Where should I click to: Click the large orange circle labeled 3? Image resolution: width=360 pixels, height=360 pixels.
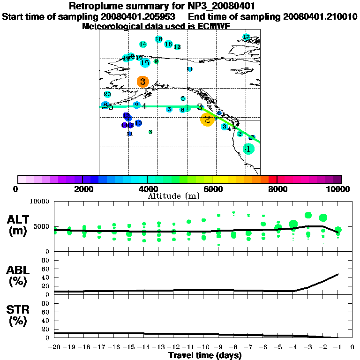[143, 82]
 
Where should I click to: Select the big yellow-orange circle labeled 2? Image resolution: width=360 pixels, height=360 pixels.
[207, 120]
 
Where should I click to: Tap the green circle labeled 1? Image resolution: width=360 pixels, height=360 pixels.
[248, 149]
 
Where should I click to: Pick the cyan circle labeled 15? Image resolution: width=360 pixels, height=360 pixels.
[145, 62]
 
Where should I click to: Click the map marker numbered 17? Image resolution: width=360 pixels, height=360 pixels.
[246, 37]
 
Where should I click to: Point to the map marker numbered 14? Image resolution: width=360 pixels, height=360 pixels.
[143, 45]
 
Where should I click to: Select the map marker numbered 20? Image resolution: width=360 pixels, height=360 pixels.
[107, 94]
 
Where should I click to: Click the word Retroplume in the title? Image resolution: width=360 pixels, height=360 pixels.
[95, 6]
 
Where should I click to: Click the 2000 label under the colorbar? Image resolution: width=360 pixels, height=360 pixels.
[82, 189]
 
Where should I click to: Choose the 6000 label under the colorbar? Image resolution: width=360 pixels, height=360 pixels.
[212, 189]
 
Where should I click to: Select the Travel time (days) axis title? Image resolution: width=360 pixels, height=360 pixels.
[205, 355]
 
